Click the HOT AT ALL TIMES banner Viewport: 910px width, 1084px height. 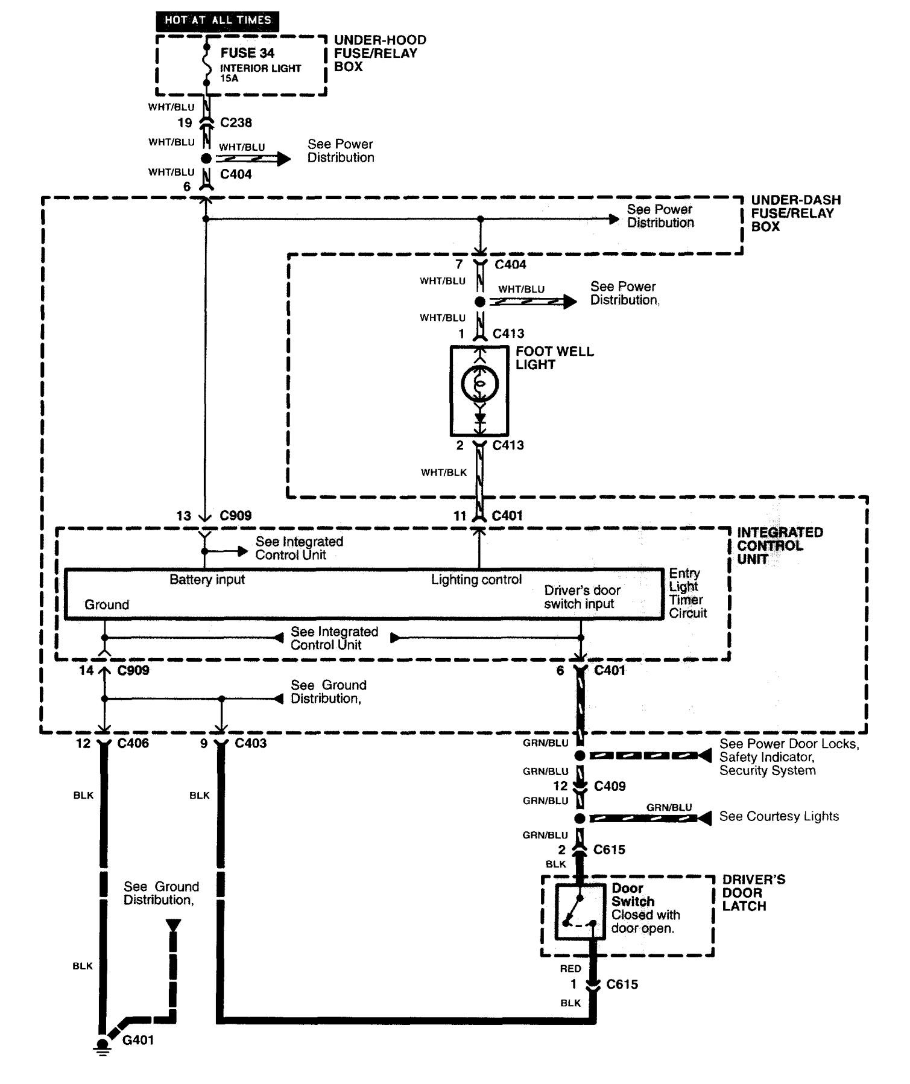coord(218,21)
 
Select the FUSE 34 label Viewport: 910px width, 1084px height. coord(247,53)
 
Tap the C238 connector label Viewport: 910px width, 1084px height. coord(236,122)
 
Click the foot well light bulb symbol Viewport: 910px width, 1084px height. coord(479,384)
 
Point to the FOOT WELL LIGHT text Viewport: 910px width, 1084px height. coord(554,358)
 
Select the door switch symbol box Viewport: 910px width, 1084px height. coord(580,911)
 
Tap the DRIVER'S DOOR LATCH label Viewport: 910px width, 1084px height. coord(753,893)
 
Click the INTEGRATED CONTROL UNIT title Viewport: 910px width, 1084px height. coord(779,545)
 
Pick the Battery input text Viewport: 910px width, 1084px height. coord(207,580)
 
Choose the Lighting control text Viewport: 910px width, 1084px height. coord(476,580)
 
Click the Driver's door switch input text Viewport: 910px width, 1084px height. coord(581,597)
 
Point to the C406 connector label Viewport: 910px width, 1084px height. coord(133,743)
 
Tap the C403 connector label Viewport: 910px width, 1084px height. coord(250,743)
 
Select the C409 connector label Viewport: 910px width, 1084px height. coord(610,786)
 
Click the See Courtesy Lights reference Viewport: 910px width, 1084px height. coord(779,816)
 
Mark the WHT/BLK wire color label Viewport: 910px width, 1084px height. coord(444,472)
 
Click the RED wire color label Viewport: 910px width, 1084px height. coord(570,969)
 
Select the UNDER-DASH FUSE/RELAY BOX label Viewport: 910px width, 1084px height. coord(795,213)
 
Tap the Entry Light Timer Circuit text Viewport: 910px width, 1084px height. coord(687,593)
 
